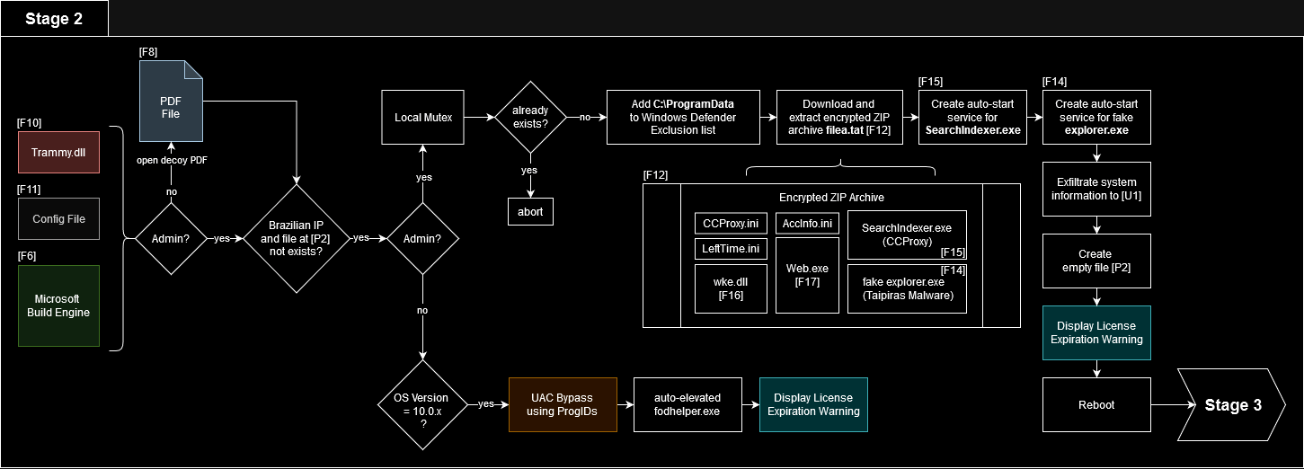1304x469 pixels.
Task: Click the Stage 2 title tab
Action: point(54,19)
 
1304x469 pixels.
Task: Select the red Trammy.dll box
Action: point(59,152)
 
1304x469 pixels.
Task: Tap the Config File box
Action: point(59,219)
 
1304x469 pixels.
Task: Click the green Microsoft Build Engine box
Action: point(59,305)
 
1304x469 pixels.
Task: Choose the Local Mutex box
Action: point(423,118)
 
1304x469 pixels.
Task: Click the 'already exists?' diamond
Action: point(530,118)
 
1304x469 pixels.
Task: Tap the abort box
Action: point(530,211)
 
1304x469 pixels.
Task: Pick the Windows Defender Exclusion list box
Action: point(683,117)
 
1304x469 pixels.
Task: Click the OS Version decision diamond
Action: point(422,404)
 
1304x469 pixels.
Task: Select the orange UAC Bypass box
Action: point(563,404)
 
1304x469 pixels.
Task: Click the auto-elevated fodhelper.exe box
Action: point(688,404)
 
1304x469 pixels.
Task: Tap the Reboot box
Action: point(1096,404)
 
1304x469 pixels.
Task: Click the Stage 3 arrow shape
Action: point(1231,405)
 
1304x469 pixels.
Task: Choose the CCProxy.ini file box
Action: point(729,223)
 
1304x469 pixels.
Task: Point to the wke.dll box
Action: point(729,288)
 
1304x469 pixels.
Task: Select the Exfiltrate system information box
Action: point(1096,189)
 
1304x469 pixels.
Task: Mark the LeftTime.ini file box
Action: point(729,248)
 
